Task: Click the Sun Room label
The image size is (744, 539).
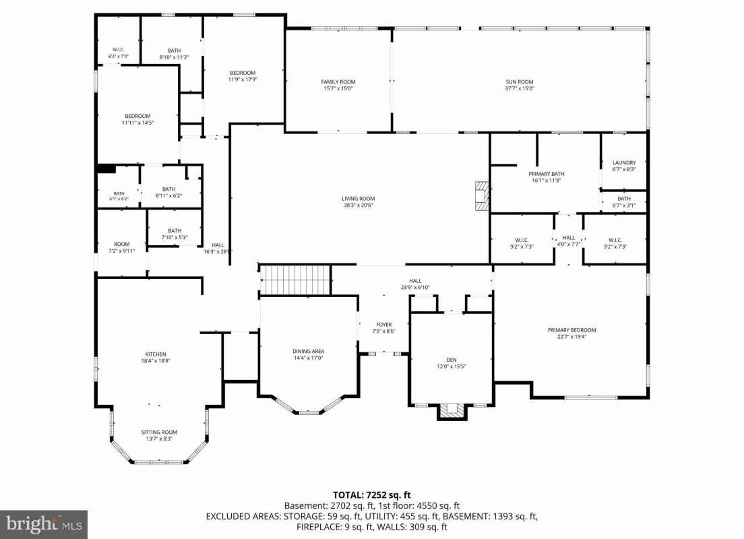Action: click(x=520, y=82)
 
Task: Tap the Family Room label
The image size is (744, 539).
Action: click(x=338, y=82)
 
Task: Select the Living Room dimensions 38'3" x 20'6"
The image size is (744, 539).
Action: click(x=359, y=205)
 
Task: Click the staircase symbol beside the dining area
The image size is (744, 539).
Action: click(x=295, y=280)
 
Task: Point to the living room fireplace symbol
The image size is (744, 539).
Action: click(x=483, y=196)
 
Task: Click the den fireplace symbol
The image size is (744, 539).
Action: click(x=452, y=412)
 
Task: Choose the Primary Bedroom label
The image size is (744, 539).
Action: click(x=571, y=330)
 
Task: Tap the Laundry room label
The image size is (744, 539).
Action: click(x=624, y=163)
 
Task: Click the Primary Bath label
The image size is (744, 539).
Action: click(x=547, y=174)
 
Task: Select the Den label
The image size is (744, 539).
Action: click(x=452, y=360)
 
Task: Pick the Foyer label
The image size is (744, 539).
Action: click(x=384, y=325)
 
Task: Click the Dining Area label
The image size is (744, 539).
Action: click(x=309, y=351)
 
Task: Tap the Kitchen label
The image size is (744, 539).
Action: click(x=156, y=354)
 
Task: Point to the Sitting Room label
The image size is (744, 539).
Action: click(x=159, y=432)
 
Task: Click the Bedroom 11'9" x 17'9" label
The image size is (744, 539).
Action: click(x=243, y=73)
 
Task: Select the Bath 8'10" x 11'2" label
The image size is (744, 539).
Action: click(x=174, y=51)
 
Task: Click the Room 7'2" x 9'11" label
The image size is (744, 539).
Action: click(x=121, y=244)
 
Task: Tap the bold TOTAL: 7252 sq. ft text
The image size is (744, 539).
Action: click(x=371, y=495)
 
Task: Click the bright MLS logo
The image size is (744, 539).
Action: click(x=44, y=524)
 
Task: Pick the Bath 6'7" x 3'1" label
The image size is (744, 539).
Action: click(x=624, y=198)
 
